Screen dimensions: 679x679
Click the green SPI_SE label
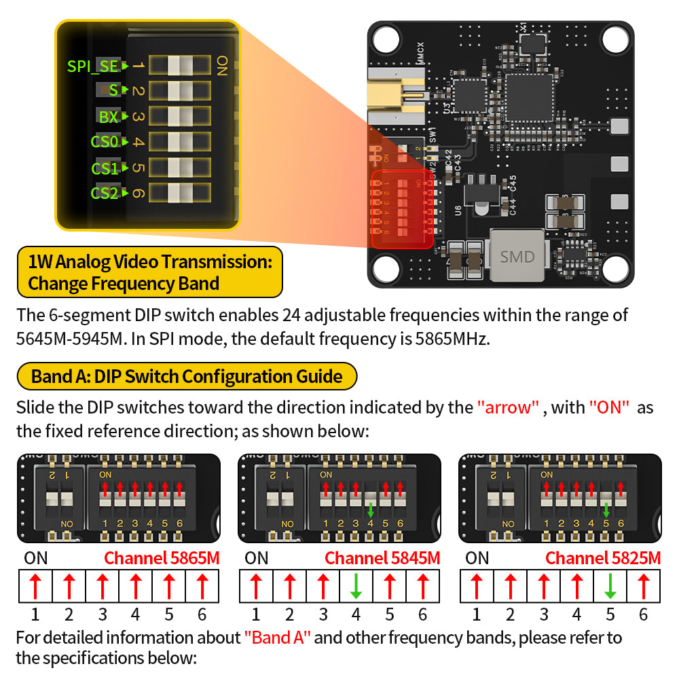93,66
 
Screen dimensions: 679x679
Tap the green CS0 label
105,142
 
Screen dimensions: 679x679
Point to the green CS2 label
105,194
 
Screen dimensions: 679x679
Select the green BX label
109,117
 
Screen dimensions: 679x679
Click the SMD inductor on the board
517,256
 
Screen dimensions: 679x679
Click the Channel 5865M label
162,558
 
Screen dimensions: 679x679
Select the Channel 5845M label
382,558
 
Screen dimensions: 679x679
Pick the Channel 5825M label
603,558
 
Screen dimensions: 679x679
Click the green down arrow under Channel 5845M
356,586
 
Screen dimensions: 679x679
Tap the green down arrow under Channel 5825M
610,586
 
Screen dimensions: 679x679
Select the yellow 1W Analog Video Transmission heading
149,272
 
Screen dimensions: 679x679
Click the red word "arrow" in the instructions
508,407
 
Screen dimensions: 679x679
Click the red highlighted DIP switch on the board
403,209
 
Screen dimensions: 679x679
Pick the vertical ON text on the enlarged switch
221,66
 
